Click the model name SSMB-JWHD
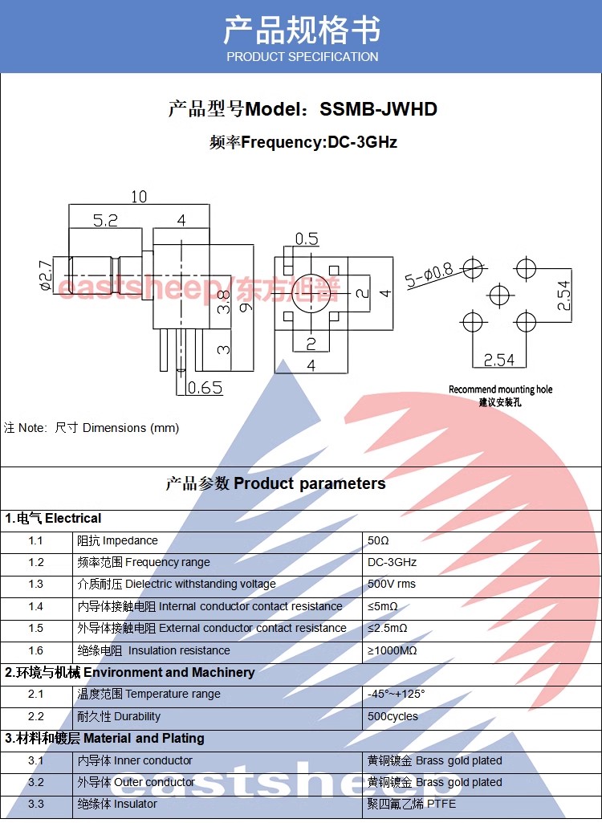pos(378,109)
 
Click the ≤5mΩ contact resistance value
pos(383,606)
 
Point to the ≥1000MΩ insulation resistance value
pos(392,650)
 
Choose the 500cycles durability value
pos(393,716)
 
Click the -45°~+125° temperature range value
pos(397,694)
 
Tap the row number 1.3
pos(36,584)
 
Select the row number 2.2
pos(36,716)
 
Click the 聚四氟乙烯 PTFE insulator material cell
pos(413,804)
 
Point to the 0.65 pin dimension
pos(205,389)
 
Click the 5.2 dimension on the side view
pos(105,221)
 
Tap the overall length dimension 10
pos(139,196)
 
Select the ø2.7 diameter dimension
pos(46,274)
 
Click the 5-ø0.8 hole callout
pos(431,275)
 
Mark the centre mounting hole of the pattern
pos(499,295)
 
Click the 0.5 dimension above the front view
pos(307,238)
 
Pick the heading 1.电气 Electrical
pos(53,518)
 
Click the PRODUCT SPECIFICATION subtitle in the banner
pos(302,57)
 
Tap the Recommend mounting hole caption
pos(500,389)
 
